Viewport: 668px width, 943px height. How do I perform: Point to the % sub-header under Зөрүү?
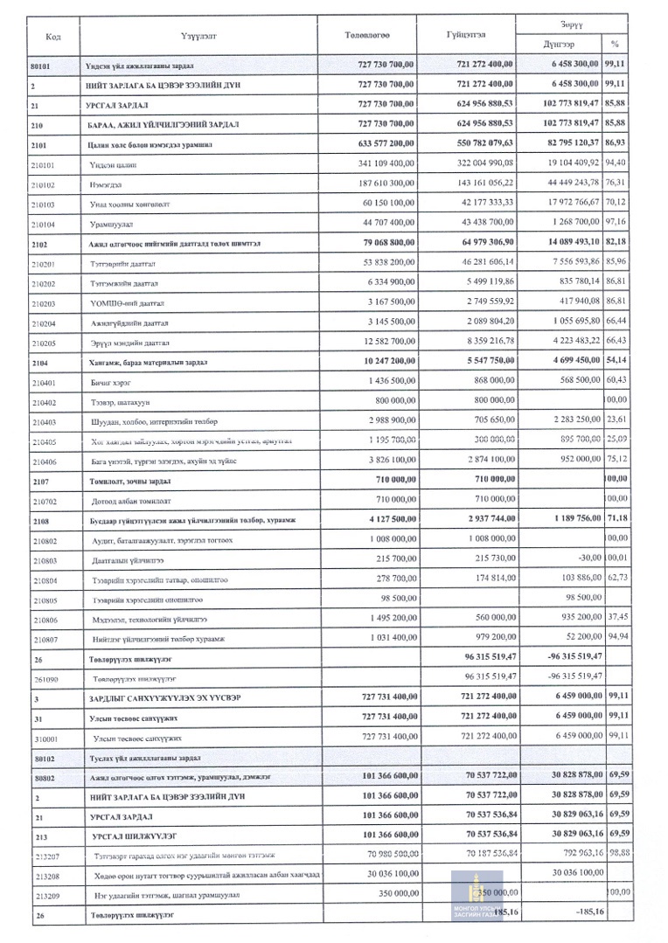pyautogui.click(x=615, y=43)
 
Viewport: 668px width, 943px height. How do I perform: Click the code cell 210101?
pyautogui.click(x=42, y=163)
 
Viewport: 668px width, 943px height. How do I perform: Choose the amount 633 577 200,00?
pyautogui.click(x=379, y=143)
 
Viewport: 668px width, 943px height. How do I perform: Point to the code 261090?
pyautogui.click(x=42, y=677)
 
